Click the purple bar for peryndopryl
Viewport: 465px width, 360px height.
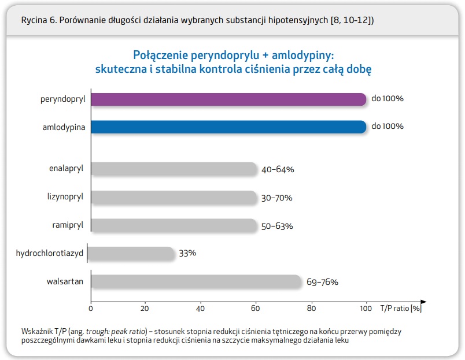[228, 99]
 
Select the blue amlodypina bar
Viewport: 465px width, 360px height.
[228, 127]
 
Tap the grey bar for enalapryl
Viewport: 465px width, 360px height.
[174, 169]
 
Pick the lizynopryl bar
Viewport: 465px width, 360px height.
[174, 198]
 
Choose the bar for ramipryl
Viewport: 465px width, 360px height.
[174, 225]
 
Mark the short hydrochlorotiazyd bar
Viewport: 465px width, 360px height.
[132, 253]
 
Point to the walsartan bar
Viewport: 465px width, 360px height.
[196, 282]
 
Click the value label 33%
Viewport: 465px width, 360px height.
[188, 254]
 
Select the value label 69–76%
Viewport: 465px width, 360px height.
[322, 283]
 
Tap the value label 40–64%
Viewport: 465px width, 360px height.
[278, 169]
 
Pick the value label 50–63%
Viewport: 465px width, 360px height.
[277, 226]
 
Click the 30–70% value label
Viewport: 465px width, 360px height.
[276, 198]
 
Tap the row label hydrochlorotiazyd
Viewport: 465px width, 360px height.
[51, 253]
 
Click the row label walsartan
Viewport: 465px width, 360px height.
[66, 281]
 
